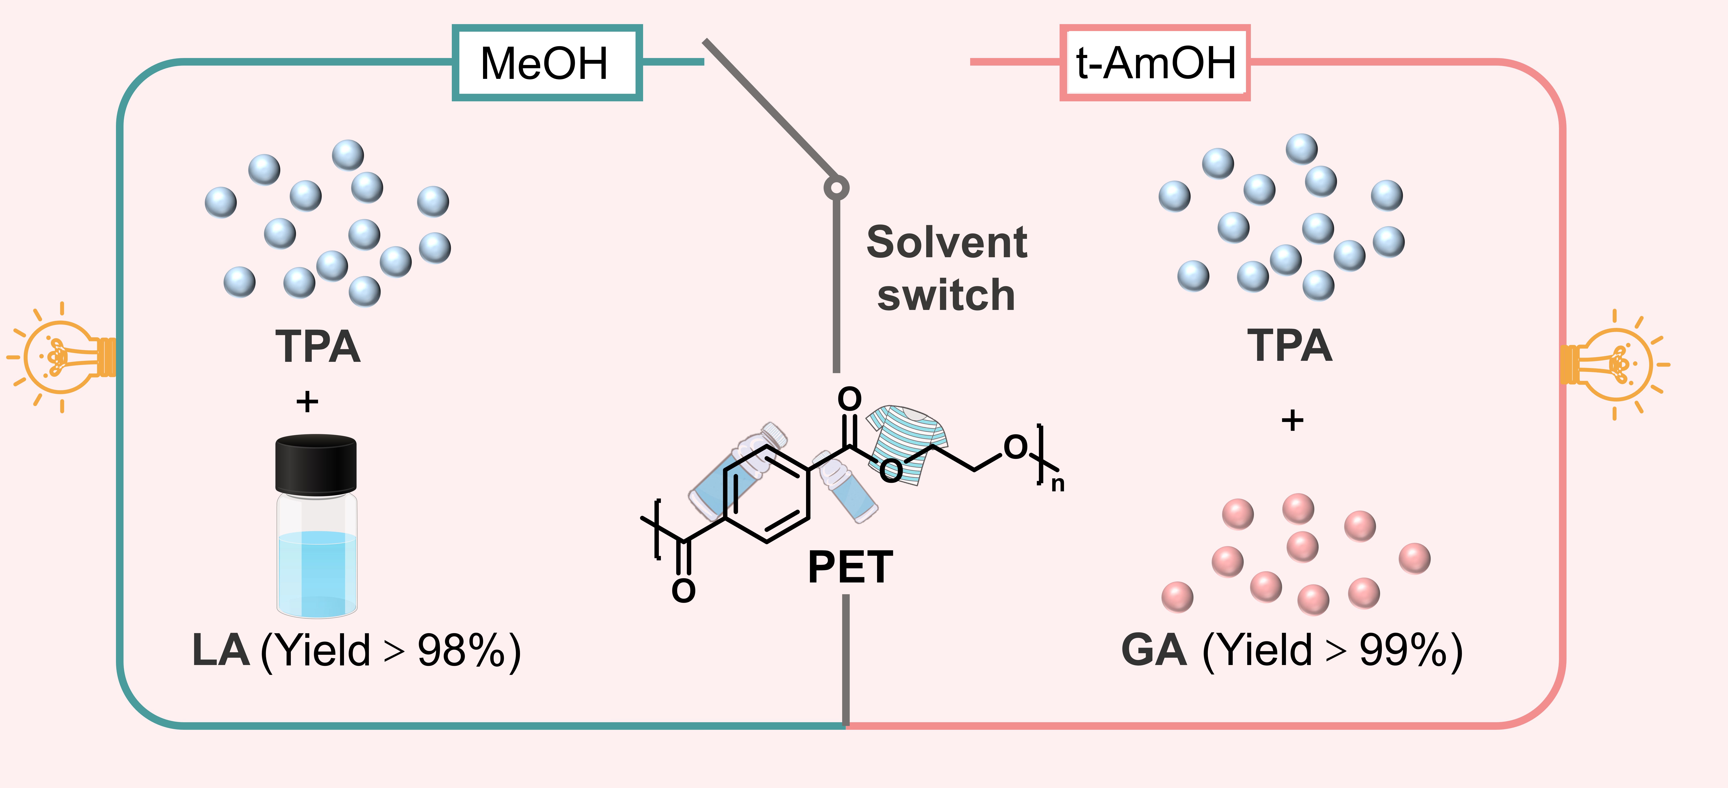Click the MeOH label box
(x=547, y=63)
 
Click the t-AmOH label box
(x=1155, y=63)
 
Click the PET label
(x=850, y=567)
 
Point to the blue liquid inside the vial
(x=317, y=571)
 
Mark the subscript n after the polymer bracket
(x=1058, y=484)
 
